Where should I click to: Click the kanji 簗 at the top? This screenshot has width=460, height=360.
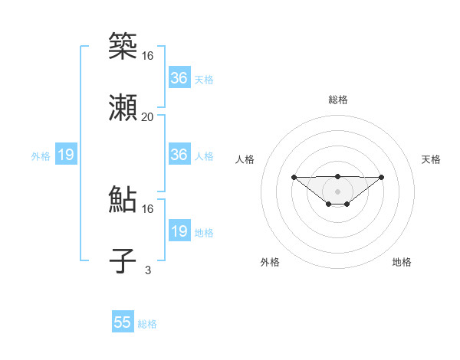[x=123, y=47]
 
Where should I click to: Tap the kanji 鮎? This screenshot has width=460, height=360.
[x=123, y=200]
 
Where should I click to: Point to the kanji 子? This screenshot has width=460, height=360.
[x=123, y=261]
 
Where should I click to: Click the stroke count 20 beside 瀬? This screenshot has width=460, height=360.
[x=148, y=116]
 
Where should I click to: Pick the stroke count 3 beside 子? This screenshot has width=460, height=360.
[x=148, y=270]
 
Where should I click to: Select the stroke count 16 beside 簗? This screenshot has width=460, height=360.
[x=148, y=55]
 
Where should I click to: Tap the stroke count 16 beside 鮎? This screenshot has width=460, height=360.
[x=148, y=208]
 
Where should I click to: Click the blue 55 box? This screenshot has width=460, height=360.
[x=123, y=322]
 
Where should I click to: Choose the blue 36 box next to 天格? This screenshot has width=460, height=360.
[x=179, y=78]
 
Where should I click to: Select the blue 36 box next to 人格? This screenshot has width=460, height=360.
[x=179, y=155]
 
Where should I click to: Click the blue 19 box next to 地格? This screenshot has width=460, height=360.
[x=179, y=231]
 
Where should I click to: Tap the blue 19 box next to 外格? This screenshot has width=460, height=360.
[x=66, y=155]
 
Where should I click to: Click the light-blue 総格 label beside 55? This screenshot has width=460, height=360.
[x=147, y=324]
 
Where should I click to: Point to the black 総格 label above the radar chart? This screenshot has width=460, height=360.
[x=337, y=100]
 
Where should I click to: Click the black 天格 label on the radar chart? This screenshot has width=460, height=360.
[x=431, y=159]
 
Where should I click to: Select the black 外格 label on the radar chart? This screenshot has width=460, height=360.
[x=270, y=262]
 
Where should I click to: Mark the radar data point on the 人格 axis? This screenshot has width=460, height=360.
[x=294, y=177]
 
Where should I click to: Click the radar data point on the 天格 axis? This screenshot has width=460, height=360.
[x=382, y=177]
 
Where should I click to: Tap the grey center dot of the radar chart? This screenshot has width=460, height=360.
[x=337, y=191]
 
